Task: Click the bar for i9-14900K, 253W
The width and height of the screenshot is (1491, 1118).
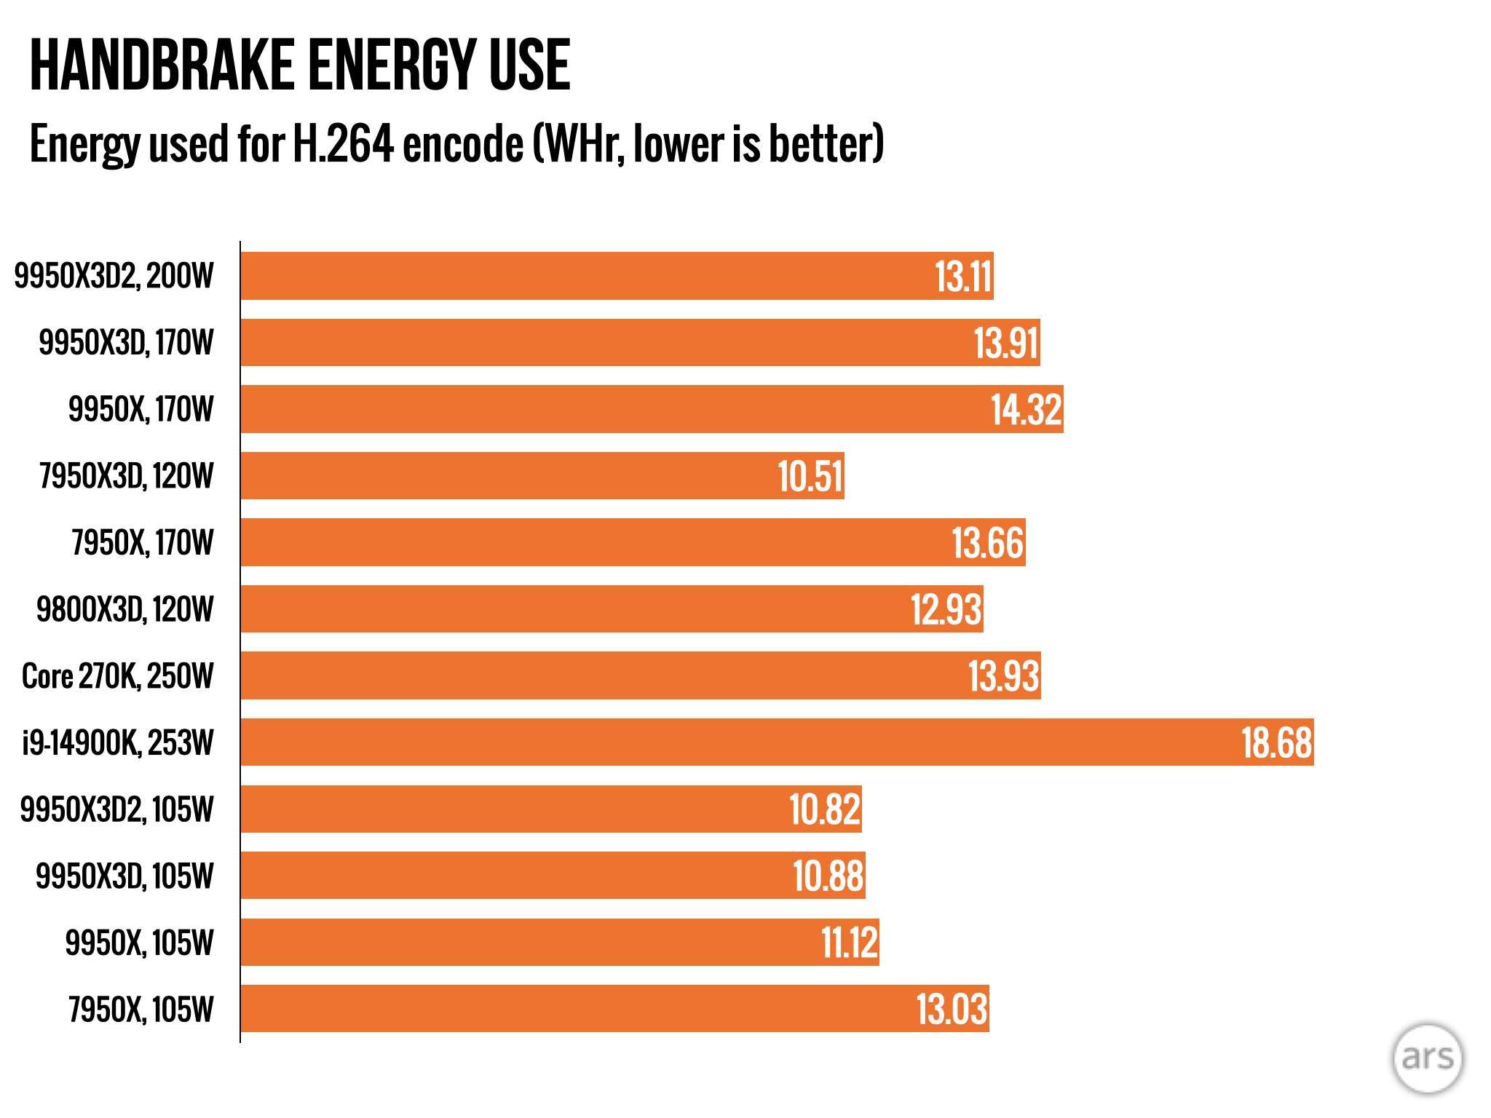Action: (x=777, y=742)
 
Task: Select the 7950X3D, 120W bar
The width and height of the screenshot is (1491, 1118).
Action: (x=542, y=476)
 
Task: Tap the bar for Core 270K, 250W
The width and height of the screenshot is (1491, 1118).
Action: (x=641, y=676)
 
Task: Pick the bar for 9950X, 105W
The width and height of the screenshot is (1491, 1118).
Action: (x=560, y=943)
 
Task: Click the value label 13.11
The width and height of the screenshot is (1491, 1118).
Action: (x=963, y=277)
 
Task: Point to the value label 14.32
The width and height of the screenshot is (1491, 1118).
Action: (x=1026, y=410)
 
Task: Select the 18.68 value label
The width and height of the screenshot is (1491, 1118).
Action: (x=1276, y=743)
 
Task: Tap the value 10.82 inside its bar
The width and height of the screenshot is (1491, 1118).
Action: (x=825, y=809)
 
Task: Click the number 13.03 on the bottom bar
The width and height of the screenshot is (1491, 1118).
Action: (x=952, y=1010)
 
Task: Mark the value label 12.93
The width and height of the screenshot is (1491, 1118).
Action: (x=946, y=610)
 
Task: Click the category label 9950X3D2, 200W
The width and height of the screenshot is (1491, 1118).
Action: (x=114, y=277)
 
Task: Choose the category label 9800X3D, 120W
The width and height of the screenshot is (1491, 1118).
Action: (x=125, y=610)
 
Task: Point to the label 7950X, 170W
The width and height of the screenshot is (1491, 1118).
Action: (x=143, y=543)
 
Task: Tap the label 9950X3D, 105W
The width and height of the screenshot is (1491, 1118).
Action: (x=124, y=876)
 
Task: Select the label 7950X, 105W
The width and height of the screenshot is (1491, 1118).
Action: (x=141, y=1010)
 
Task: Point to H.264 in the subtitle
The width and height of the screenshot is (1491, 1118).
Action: (x=343, y=143)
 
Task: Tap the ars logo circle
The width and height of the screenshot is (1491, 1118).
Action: (x=1427, y=1058)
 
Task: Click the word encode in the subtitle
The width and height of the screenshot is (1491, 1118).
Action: (x=463, y=143)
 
